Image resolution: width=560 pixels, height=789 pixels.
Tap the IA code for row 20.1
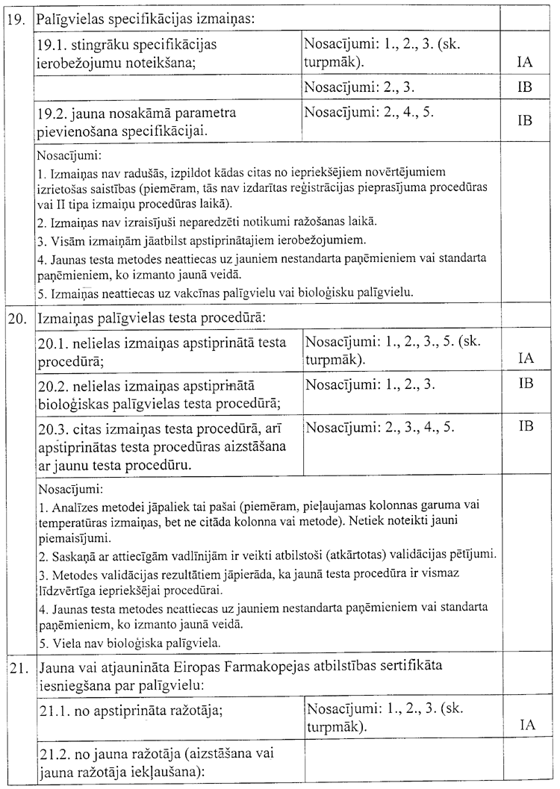pos(525,358)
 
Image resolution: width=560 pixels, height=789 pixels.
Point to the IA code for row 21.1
pos(525,725)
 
